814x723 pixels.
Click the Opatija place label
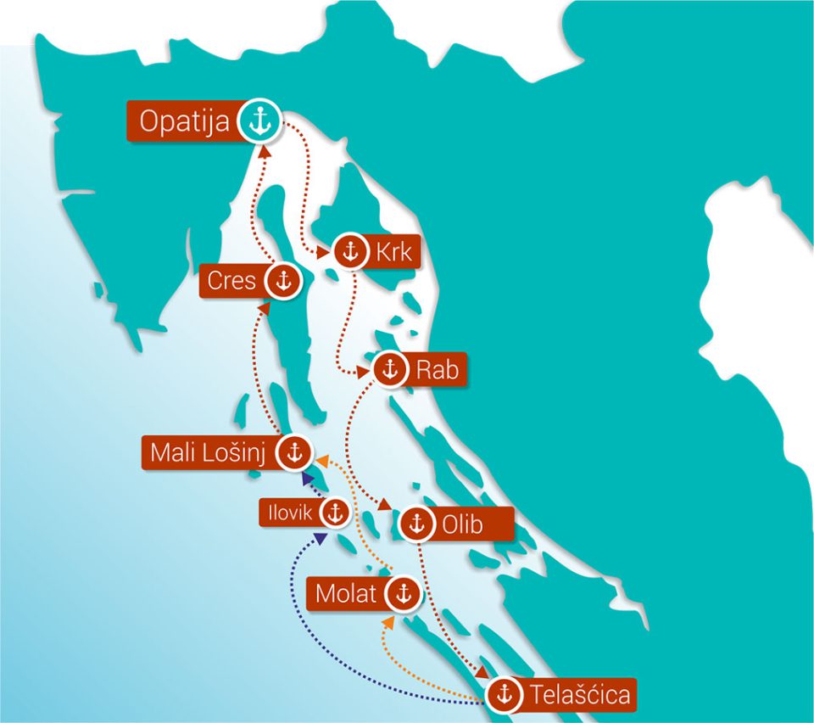184,122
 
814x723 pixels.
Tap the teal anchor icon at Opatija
258,122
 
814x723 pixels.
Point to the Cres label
231,280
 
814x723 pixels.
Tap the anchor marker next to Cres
282,280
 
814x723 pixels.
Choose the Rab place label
436,370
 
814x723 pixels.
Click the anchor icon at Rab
391,370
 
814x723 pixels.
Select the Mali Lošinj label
209,453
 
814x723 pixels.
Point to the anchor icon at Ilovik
336,512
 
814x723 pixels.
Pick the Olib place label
461,524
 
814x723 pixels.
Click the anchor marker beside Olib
415,524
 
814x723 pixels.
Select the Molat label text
345,594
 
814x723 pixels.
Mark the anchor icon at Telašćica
505,694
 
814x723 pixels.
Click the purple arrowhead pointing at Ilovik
320,536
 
